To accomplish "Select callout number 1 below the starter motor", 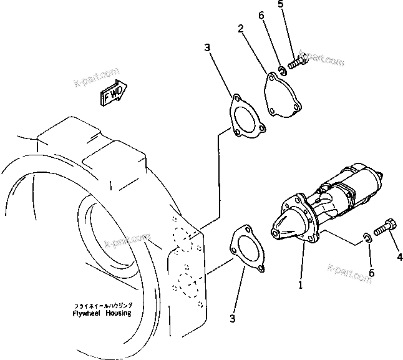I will (x=300, y=285).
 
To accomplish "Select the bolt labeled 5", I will (x=299, y=62).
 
